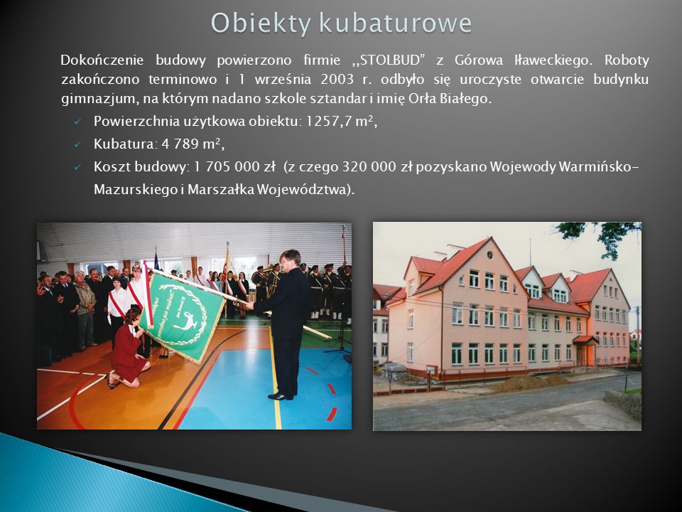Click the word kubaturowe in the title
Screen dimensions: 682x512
pyautogui.click(x=396, y=23)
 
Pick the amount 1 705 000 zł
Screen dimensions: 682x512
pyautogui.click(x=234, y=166)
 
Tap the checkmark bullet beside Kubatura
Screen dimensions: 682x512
pyautogui.click(x=77, y=144)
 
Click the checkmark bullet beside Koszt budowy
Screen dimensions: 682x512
pyautogui.click(x=77, y=167)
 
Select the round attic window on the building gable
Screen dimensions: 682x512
pyautogui.click(x=489, y=255)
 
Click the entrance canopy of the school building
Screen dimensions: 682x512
pyautogui.click(x=585, y=340)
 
